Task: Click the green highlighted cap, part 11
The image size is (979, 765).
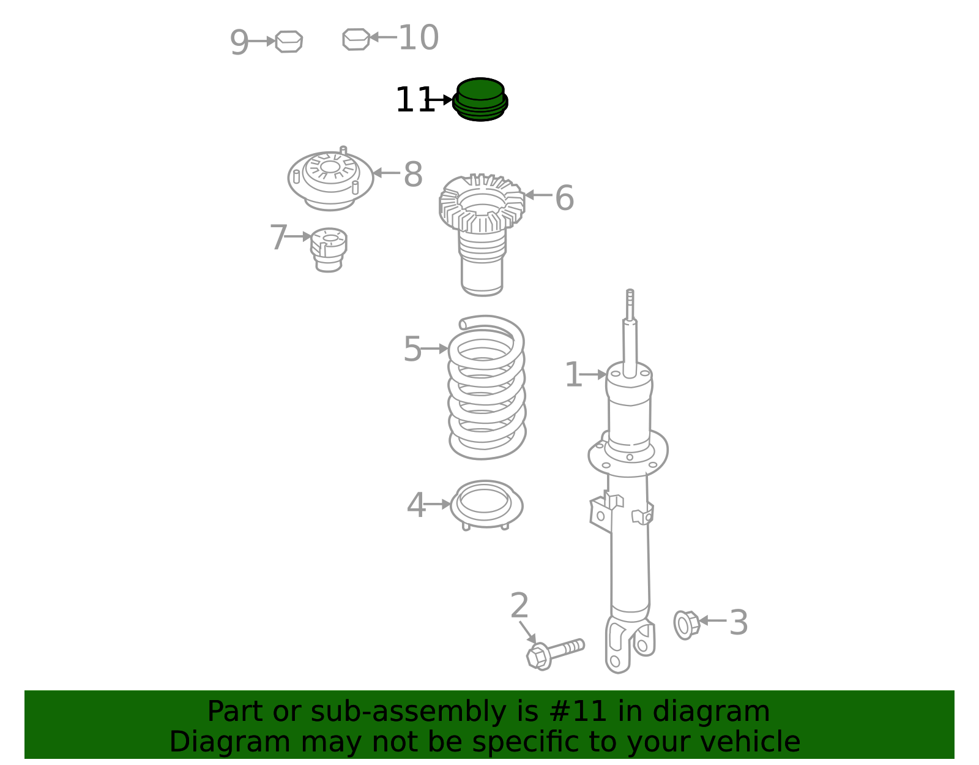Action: tap(480, 99)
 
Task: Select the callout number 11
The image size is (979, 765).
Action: tap(414, 100)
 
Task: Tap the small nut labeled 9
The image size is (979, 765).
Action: tap(289, 42)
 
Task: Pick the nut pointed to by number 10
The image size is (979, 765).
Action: tap(356, 39)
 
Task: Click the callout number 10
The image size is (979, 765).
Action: tap(419, 38)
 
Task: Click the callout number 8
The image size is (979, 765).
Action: tap(413, 175)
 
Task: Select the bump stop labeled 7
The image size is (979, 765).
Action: tap(329, 250)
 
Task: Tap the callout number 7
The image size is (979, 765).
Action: tap(278, 237)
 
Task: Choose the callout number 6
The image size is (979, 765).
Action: tap(564, 198)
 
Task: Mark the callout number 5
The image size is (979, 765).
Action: tap(412, 349)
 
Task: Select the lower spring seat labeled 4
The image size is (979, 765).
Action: tap(486, 504)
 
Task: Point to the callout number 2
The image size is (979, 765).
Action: tap(519, 606)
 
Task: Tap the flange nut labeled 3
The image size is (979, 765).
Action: tap(687, 624)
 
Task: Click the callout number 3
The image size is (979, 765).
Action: tap(739, 623)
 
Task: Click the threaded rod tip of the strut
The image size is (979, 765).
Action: tap(630, 304)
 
